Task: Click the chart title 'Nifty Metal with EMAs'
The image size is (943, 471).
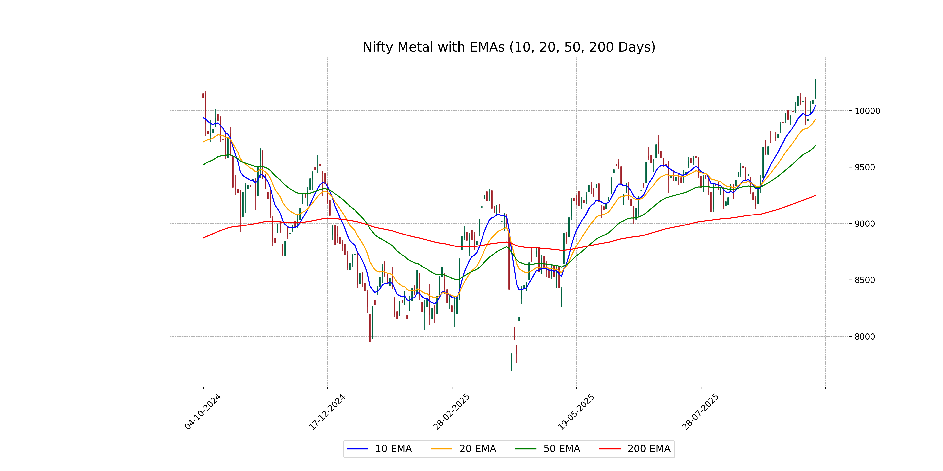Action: pos(509,47)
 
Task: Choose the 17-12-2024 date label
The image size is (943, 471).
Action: pos(327,412)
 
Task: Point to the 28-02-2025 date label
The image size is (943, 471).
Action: pos(452,412)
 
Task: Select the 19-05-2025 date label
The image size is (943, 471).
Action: pos(576,412)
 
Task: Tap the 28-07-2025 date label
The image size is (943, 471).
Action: pos(701,412)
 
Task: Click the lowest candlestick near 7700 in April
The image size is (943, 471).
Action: pos(511,362)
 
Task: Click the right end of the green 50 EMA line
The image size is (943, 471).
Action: pos(815,146)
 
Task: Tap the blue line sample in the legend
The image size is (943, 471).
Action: pos(357,449)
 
